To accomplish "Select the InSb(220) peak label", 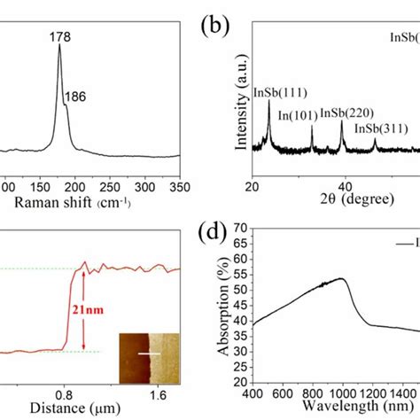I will tap(342, 113).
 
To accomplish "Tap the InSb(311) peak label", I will tap(378, 128).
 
